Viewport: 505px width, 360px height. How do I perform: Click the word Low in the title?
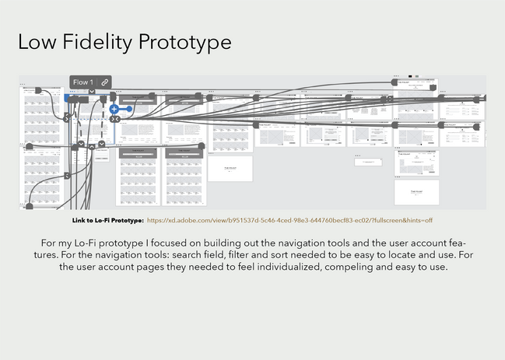[37, 42]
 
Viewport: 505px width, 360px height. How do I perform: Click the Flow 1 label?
[82, 82]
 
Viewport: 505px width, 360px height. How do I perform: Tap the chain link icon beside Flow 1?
[104, 82]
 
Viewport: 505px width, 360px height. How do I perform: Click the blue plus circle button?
[114, 109]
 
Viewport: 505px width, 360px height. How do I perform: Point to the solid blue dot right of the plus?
[127, 109]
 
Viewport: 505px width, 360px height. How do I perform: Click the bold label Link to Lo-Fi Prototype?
[107, 220]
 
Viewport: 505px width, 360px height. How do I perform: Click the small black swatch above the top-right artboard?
[409, 76]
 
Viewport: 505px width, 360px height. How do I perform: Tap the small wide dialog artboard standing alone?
[368, 162]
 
